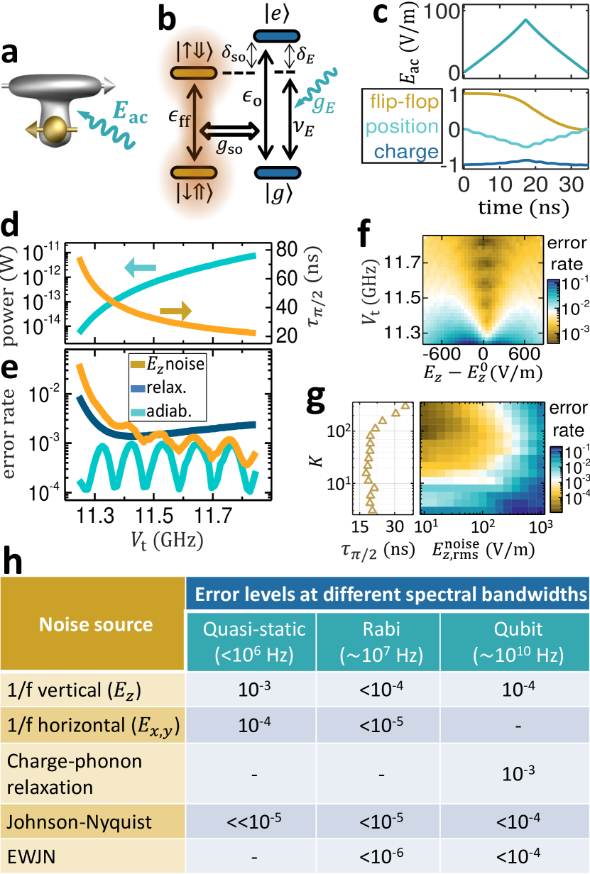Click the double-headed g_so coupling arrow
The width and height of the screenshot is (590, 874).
(226, 133)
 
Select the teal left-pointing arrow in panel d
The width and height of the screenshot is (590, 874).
(141, 267)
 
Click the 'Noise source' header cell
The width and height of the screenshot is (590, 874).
(94, 624)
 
